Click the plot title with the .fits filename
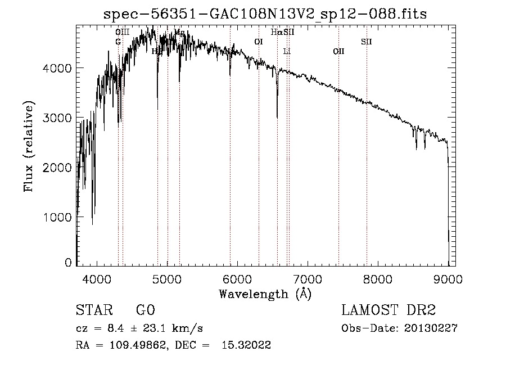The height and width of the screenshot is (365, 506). [266, 14]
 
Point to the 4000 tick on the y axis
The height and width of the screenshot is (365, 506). [58, 68]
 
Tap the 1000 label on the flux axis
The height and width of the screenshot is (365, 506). [58, 217]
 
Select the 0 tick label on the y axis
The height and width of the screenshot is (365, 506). [68, 263]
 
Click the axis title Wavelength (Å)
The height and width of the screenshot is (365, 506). [265, 294]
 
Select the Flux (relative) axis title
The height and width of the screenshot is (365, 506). [28, 146]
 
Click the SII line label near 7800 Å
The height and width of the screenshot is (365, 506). [367, 42]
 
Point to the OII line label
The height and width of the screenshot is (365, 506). [338, 52]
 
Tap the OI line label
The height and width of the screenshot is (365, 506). [259, 42]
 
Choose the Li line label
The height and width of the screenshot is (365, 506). [287, 52]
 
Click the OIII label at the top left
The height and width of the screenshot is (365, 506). [122, 32]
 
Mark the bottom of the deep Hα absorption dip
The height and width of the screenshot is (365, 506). [277, 117]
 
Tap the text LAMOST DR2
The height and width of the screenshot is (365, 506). [388, 311]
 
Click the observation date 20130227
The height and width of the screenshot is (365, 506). [431, 328]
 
